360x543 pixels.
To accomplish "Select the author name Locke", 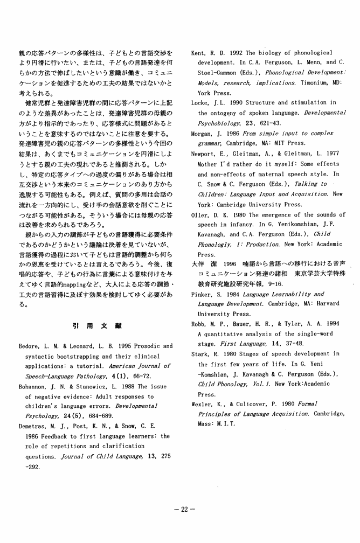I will click(x=201, y=102).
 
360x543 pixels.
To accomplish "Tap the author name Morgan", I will click(x=203, y=133).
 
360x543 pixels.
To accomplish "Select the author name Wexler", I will click(x=204, y=404).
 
